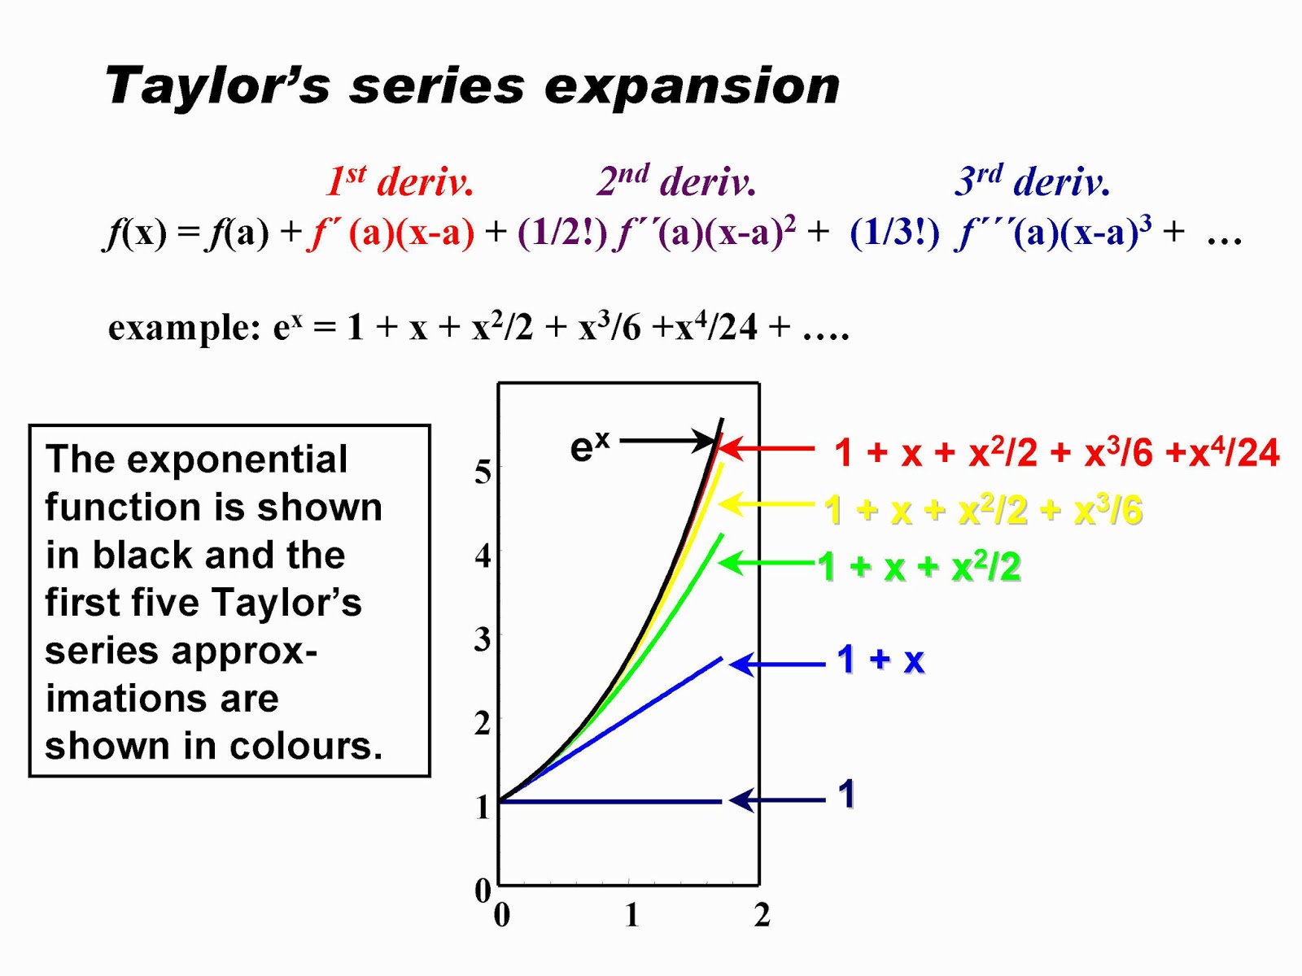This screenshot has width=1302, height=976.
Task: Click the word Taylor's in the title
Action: pyautogui.click(x=216, y=86)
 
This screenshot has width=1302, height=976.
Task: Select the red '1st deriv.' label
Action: pyautogui.click(x=400, y=180)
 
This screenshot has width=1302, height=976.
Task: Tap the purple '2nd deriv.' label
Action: pyautogui.click(x=676, y=180)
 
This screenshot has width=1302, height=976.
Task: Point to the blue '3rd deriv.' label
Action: pyautogui.click(x=1032, y=180)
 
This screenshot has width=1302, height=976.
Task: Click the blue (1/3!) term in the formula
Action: pyautogui.click(x=894, y=233)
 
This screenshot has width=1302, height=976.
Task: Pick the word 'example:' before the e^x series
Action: pyautogui.click(x=184, y=328)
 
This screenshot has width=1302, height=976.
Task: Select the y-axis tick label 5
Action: pyautogui.click(x=483, y=473)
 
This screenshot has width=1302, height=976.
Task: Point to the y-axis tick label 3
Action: pyautogui.click(x=483, y=639)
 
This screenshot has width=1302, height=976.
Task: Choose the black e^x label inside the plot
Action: pyautogui.click(x=590, y=446)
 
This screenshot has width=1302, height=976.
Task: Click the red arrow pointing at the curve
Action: pyautogui.click(x=766, y=449)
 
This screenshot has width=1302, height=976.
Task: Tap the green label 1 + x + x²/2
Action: pyautogui.click(x=920, y=566)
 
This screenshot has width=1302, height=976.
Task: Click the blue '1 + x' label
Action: pyautogui.click(x=880, y=660)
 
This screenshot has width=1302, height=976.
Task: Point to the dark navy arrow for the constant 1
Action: pyautogui.click(x=777, y=800)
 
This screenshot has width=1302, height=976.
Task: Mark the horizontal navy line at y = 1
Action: pyautogui.click(x=610, y=801)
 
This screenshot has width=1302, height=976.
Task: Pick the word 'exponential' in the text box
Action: pyautogui.click(x=238, y=460)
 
